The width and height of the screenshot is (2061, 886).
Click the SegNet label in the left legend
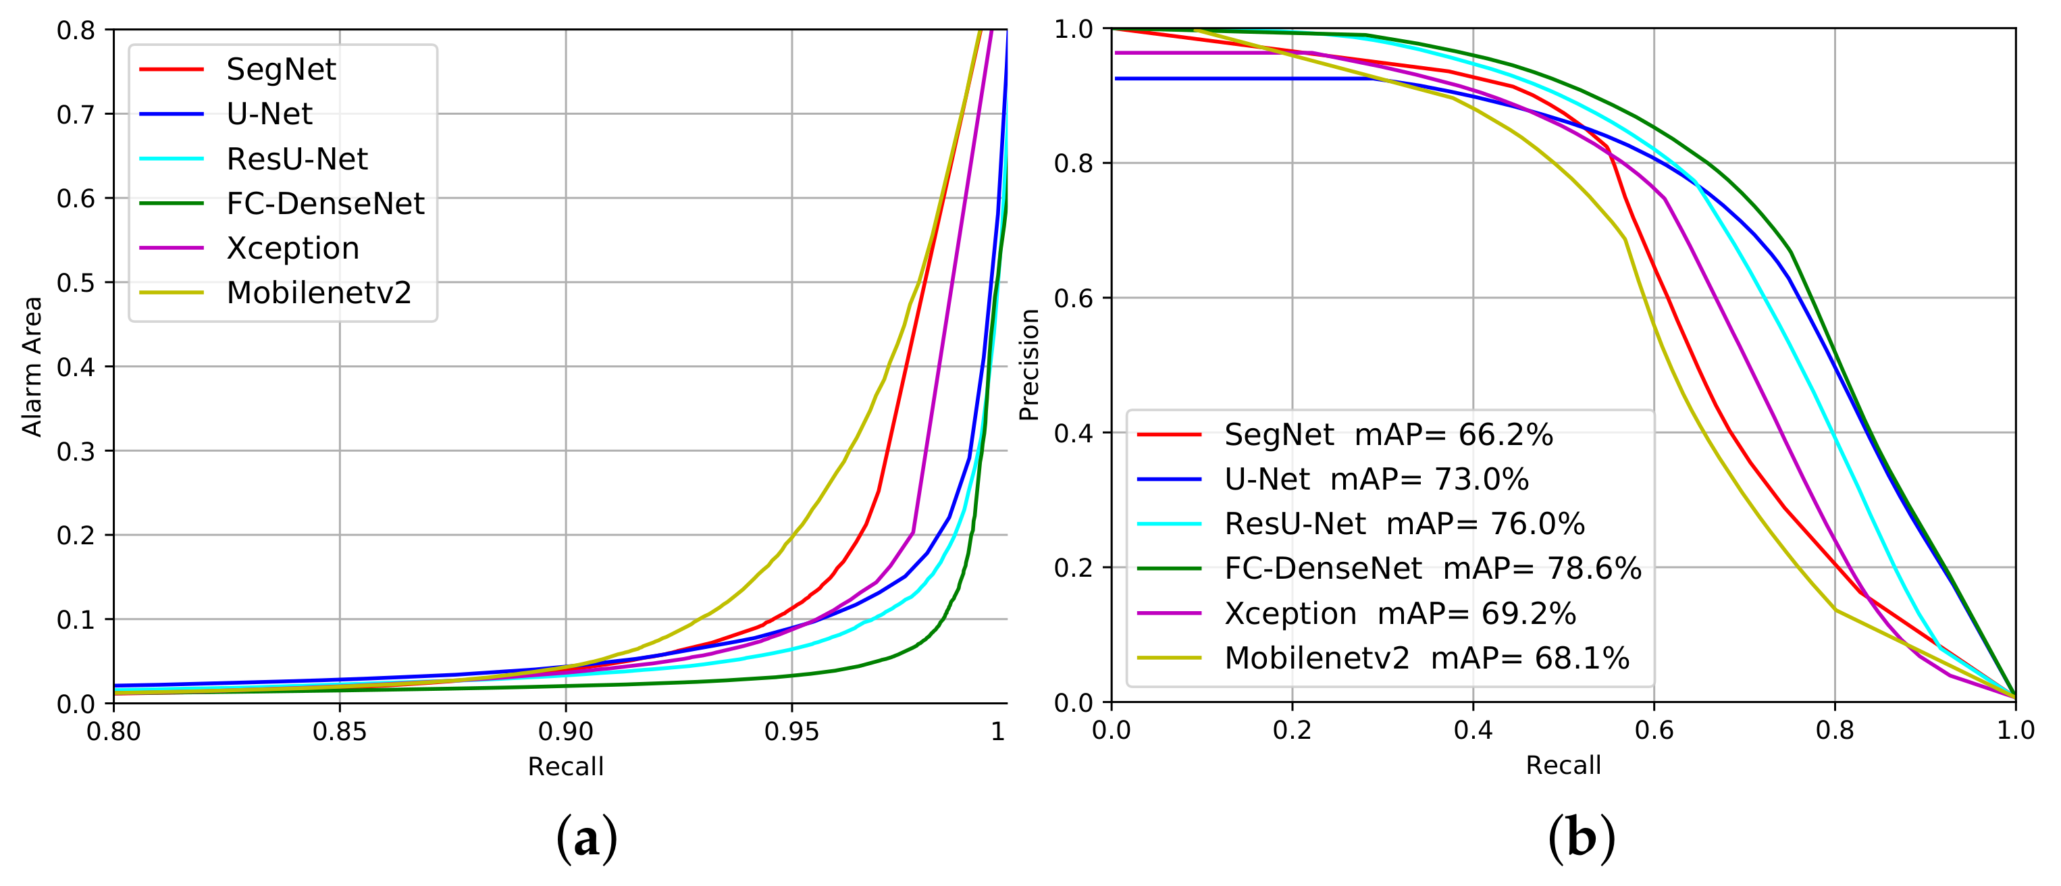[x=281, y=70]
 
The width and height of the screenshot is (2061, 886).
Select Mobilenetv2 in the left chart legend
[x=319, y=293]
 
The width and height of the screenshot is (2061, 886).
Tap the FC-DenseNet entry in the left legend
[x=325, y=203]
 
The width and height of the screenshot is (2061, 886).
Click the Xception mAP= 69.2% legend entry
[x=1399, y=614]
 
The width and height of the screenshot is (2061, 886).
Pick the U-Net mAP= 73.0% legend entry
[x=1376, y=479]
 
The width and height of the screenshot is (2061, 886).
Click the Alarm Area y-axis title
[x=32, y=367]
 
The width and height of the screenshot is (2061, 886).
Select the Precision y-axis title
[x=1029, y=365]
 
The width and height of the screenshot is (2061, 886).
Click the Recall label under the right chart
[x=1563, y=765]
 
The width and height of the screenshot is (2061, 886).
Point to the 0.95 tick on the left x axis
[x=791, y=731]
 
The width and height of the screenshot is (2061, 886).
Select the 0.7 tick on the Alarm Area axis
[x=76, y=114]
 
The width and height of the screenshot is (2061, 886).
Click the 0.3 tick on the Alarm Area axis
[x=76, y=451]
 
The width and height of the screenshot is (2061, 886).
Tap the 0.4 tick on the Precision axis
[x=1073, y=433]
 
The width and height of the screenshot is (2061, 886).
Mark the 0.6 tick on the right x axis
[x=1654, y=730]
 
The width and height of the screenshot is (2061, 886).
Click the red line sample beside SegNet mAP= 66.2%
[x=1169, y=435]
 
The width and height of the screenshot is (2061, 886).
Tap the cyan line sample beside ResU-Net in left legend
[x=172, y=159]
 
